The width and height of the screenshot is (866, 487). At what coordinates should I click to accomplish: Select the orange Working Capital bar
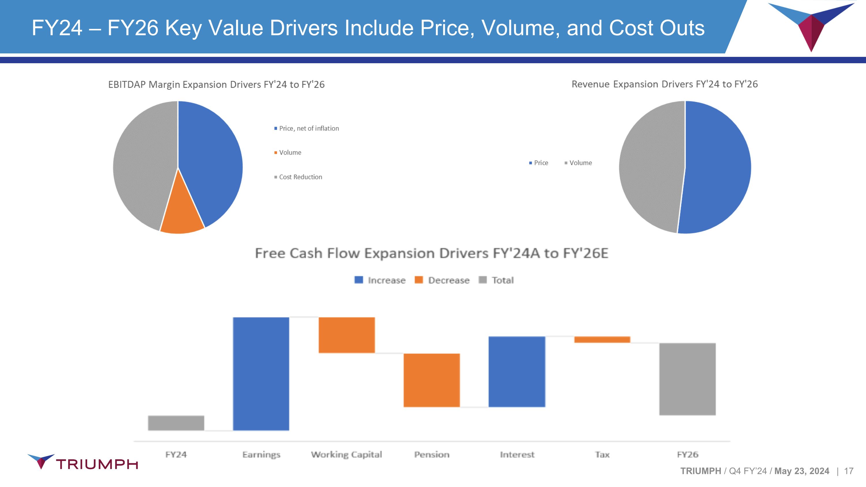coord(347,335)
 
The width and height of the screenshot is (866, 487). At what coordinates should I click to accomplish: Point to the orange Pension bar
coord(432,380)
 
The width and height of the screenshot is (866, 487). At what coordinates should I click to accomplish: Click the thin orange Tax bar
coord(602,339)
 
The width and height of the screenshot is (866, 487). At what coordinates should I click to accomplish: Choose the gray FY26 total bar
coord(688,379)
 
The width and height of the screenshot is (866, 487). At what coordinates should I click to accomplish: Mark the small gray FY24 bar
coord(176,423)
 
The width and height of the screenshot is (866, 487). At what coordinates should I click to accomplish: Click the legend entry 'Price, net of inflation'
coord(309,128)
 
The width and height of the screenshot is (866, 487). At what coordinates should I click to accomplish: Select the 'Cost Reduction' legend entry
coord(300,177)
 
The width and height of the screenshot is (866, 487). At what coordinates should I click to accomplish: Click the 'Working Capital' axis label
coord(346,454)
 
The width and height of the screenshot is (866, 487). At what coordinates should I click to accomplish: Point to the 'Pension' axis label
coord(432,454)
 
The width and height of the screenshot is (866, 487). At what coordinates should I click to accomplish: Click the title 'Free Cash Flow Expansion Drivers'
coord(432,253)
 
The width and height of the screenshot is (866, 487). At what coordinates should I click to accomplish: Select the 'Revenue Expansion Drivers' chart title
coord(665,84)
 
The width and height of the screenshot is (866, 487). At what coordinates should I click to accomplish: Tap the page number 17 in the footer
coord(848,471)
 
